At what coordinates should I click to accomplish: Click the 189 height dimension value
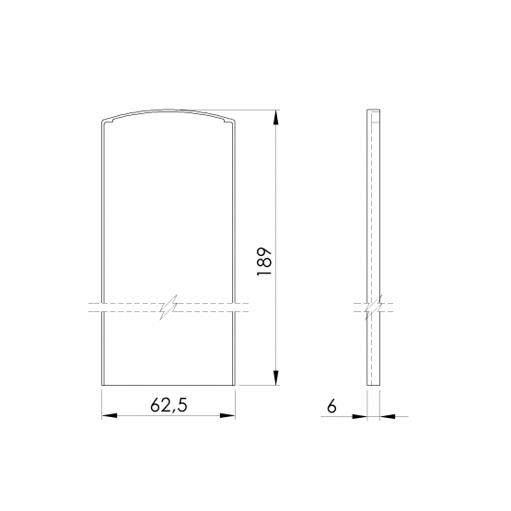(x=264, y=261)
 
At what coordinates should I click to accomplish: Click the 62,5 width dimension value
(x=168, y=406)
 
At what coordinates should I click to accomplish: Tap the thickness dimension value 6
(x=331, y=406)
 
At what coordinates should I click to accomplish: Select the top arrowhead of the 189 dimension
(x=276, y=117)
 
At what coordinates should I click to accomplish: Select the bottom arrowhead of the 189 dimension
(x=276, y=377)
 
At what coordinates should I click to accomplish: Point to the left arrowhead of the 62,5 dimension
(x=110, y=416)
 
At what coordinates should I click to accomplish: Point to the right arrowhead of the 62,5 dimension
(x=227, y=416)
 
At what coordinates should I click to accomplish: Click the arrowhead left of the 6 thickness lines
(x=360, y=416)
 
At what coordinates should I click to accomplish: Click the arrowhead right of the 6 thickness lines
(x=387, y=416)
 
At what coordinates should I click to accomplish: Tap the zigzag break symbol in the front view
(x=168, y=308)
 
